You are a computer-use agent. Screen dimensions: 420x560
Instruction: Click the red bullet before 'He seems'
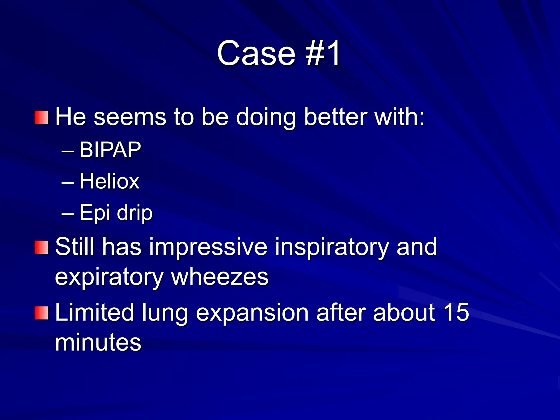coord(42,118)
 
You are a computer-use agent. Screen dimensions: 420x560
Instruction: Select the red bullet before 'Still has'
coord(42,247)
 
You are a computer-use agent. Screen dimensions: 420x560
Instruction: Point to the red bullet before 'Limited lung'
coord(42,313)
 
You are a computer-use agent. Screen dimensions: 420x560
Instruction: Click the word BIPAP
coord(110,150)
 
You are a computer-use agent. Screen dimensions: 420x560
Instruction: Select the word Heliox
coord(109,181)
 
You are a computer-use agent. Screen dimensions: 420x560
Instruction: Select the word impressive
coord(208,247)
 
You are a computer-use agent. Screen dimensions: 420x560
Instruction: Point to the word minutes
coord(98,342)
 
